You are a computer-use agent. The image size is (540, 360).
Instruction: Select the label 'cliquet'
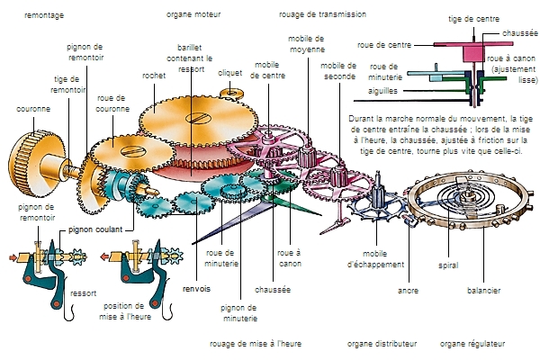tap(230, 73)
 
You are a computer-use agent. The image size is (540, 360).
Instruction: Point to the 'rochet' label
tap(154, 76)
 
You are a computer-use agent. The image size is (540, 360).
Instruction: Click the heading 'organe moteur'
tap(193, 15)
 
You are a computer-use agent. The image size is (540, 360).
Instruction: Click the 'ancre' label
tap(409, 292)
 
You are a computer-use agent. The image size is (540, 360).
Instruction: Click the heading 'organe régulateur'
tap(472, 343)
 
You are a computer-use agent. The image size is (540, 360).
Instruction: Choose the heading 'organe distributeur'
tap(382, 343)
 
